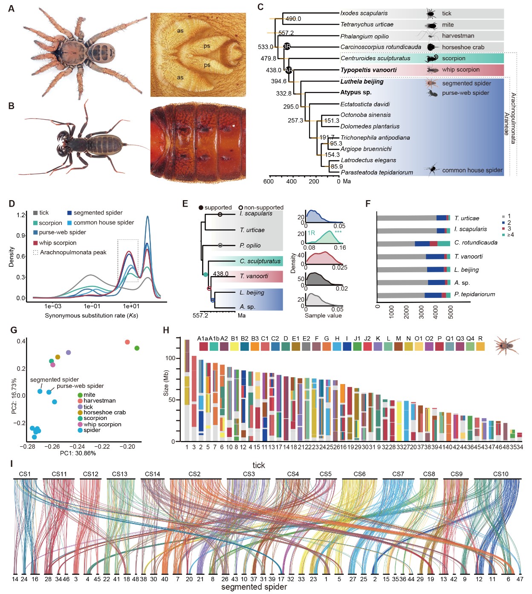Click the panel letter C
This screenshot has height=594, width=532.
260,7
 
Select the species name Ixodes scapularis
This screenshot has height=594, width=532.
364,13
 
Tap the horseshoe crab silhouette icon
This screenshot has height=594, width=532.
431,47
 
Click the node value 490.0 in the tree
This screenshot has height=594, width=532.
293,19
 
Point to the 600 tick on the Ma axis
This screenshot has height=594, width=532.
269,181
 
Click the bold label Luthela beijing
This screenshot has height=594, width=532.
362,82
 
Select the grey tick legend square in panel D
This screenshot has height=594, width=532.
35,213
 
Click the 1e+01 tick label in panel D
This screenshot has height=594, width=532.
131,306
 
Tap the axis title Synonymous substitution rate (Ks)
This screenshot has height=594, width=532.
91,315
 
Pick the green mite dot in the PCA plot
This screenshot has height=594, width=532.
137,348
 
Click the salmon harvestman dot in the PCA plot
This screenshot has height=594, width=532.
127,342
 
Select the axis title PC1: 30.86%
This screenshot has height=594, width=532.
78,453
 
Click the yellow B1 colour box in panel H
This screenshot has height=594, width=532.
234,346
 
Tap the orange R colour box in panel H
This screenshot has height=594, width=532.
480,346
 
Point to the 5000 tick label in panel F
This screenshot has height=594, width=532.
451,312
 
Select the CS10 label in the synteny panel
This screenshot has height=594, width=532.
500,474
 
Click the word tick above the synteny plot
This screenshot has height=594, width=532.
258,465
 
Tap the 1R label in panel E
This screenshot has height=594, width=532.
311,233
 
